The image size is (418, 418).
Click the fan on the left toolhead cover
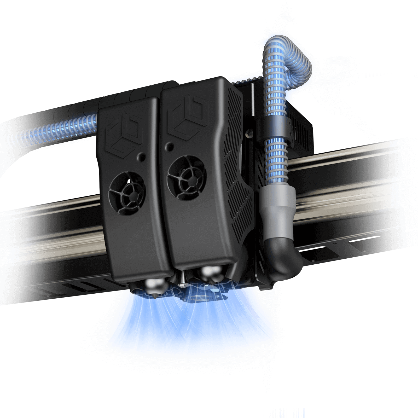[127, 193]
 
